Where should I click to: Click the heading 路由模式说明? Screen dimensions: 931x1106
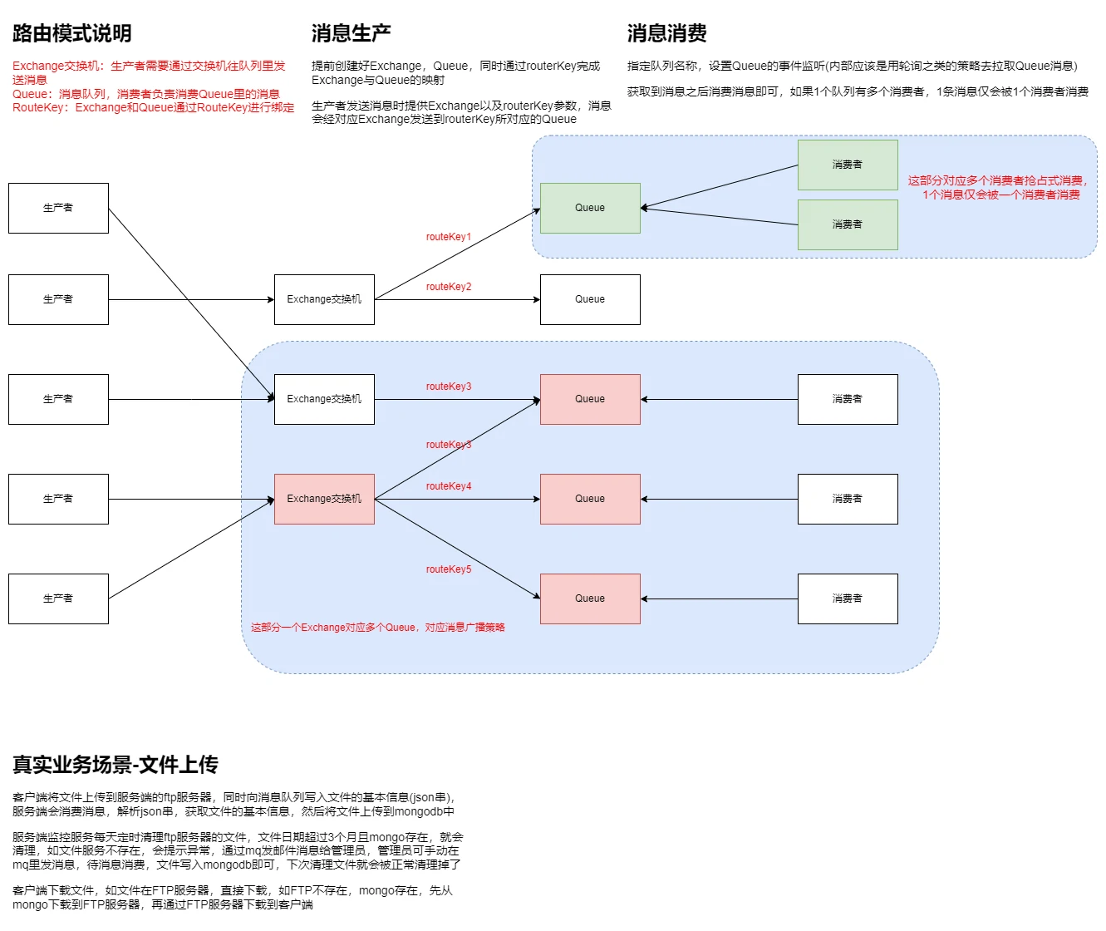pyautogui.click(x=71, y=33)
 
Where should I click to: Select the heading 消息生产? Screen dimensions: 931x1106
pyautogui.click(x=351, y=33)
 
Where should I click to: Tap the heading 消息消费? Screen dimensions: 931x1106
pyautogui.click(x=666, y=33)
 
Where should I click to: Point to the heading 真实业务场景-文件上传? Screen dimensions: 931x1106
pyautogui.click(x=115, y=765)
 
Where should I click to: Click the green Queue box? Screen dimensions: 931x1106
pyautogui.click(x=590, y=208)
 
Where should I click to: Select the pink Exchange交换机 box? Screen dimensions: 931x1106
pyautogui.click(x=324, y=499)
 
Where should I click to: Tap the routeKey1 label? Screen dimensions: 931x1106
pyautogui.click(x=449, y=237)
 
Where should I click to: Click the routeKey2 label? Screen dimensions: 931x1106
pyautogui.click(x=449, y=287)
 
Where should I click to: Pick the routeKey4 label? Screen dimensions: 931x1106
pyautogui.click(x=449, y=486)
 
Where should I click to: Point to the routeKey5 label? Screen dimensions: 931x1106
pyautogui.click(x=449, y=569)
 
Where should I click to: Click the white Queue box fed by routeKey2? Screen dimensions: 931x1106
pyautogui.click(x=590, y=299)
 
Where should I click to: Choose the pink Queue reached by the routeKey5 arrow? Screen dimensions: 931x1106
pyautogui.click(x=590, y=598)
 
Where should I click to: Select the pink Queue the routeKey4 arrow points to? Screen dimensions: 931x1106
pyautogui.click(x=590, y=499)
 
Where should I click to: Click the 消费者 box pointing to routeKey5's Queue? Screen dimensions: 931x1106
pyautogui.click(x=848, y=598)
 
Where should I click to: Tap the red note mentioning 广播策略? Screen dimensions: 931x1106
pyautogui.click(x=378, y=628)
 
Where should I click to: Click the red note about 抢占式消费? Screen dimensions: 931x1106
pyautogui.click(x=998, y=187)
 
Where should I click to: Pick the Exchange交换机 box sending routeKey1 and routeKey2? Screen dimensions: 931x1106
pyautogui.click(x=324, y=299)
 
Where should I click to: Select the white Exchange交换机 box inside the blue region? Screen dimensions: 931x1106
pyautogui.click(x=324, y=399)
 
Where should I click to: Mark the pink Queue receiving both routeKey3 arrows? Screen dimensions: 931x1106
pyautogui.click(x=590, y=399)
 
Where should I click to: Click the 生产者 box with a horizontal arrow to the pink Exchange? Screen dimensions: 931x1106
pyautogui.click(x=58, y=499)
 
